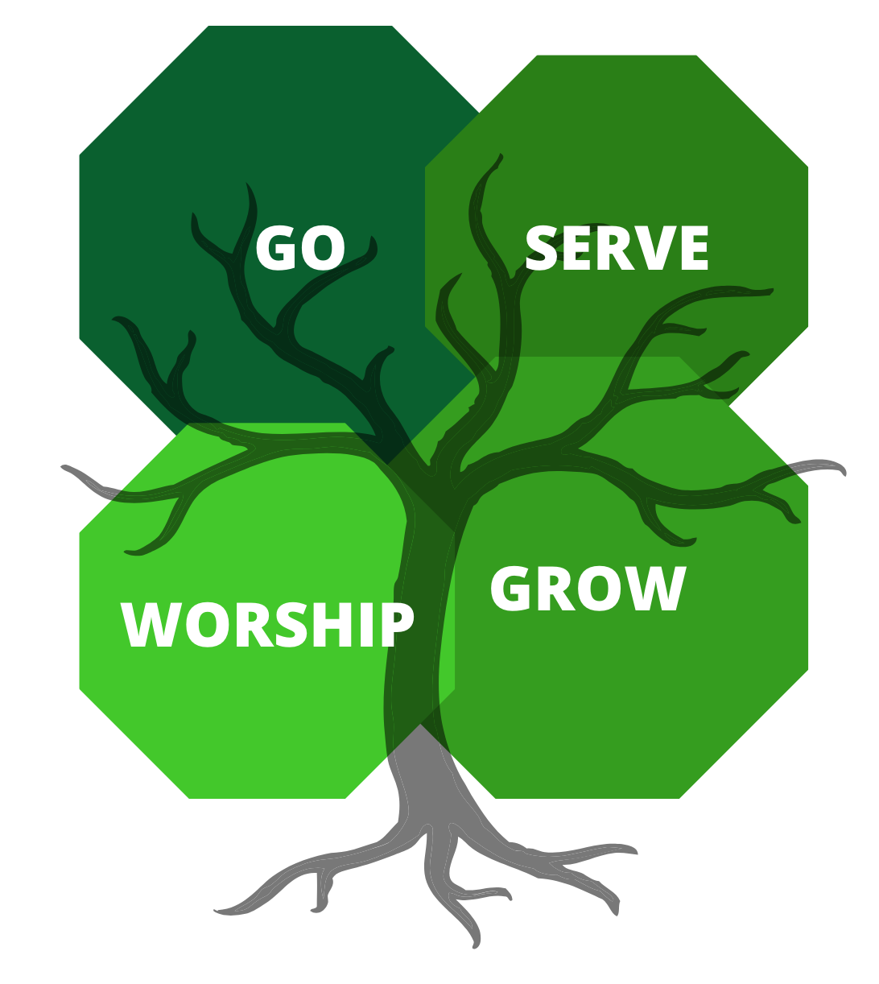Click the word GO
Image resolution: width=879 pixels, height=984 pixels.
(x=300, y=248)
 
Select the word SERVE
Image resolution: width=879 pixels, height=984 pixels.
(x=617, y=249)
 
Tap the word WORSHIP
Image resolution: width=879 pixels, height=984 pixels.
(x=267, y=625)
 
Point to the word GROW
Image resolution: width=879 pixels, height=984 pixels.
(x=588, y=589)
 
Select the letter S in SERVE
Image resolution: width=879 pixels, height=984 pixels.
(x=542, y=249)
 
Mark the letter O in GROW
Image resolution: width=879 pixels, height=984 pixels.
(x=593, y=589)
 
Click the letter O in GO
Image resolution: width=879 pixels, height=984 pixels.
(x=324, y=248)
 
